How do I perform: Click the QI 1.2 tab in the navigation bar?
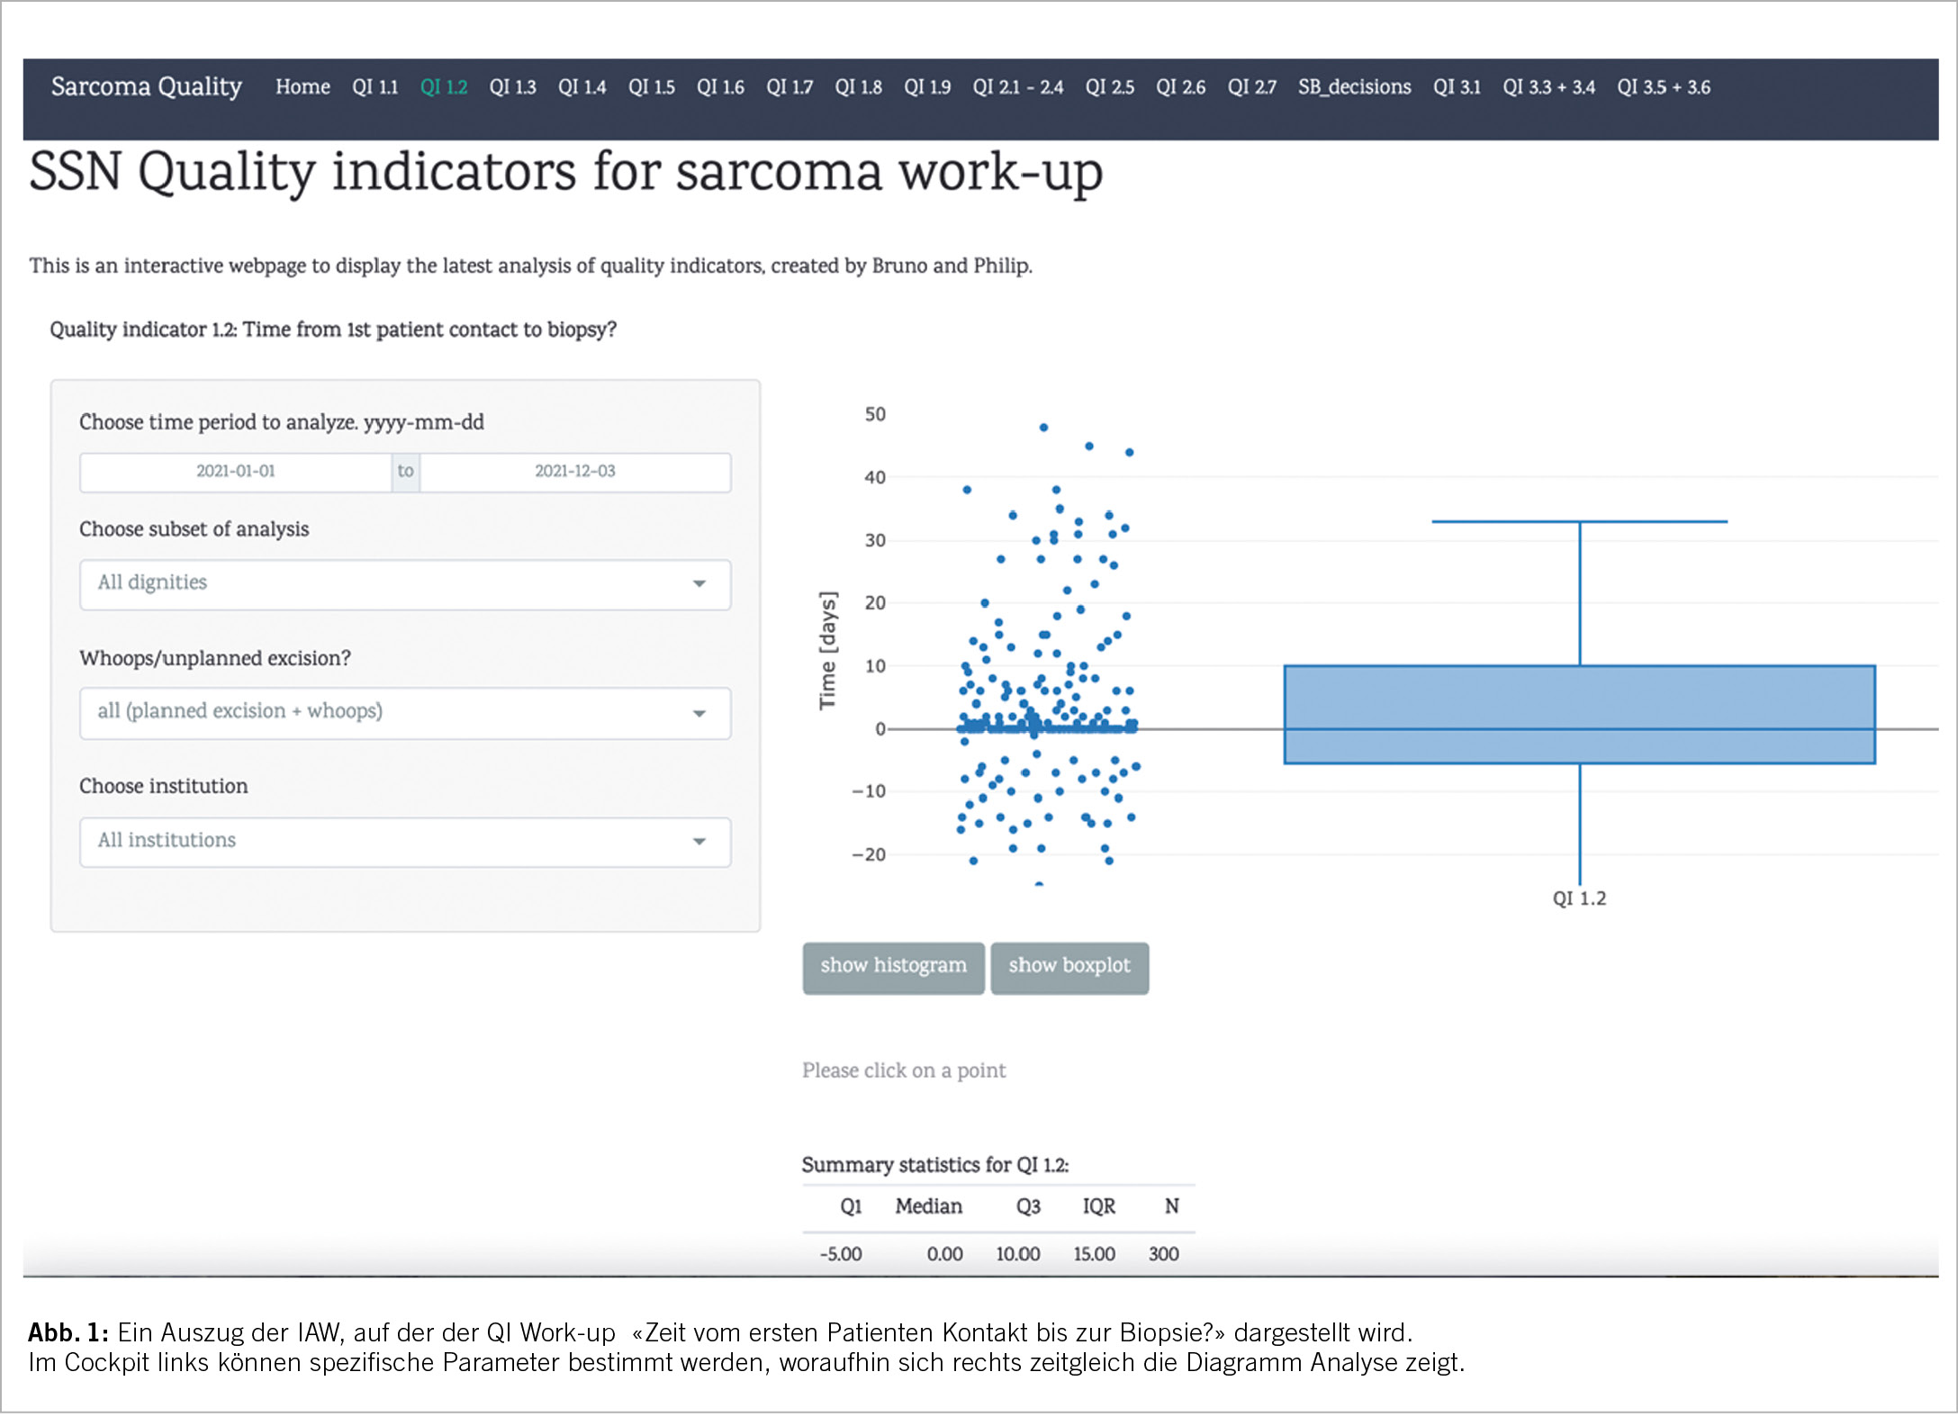[443, 87]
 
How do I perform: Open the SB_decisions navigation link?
[1353, 87]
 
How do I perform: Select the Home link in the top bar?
[302, 87]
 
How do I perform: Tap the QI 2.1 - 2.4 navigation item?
[1017, 87]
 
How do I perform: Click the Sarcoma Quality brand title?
[147, 86]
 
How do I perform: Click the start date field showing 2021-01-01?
[236, 472]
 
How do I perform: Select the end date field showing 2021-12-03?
[574, 472]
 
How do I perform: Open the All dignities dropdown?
[404, 583]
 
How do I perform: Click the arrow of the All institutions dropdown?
[699, 842]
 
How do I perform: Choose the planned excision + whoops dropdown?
[404, 712]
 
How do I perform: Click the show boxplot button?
[1069, 966]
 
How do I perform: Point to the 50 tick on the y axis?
[874, 415]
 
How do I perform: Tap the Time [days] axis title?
[827, 650]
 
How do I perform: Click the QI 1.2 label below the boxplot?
[1578, 898]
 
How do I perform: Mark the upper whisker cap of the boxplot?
[1578, 521]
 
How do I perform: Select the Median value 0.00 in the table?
[944, 1254]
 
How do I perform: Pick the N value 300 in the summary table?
[1163, 1254]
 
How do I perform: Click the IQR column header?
[1098, 1206]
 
